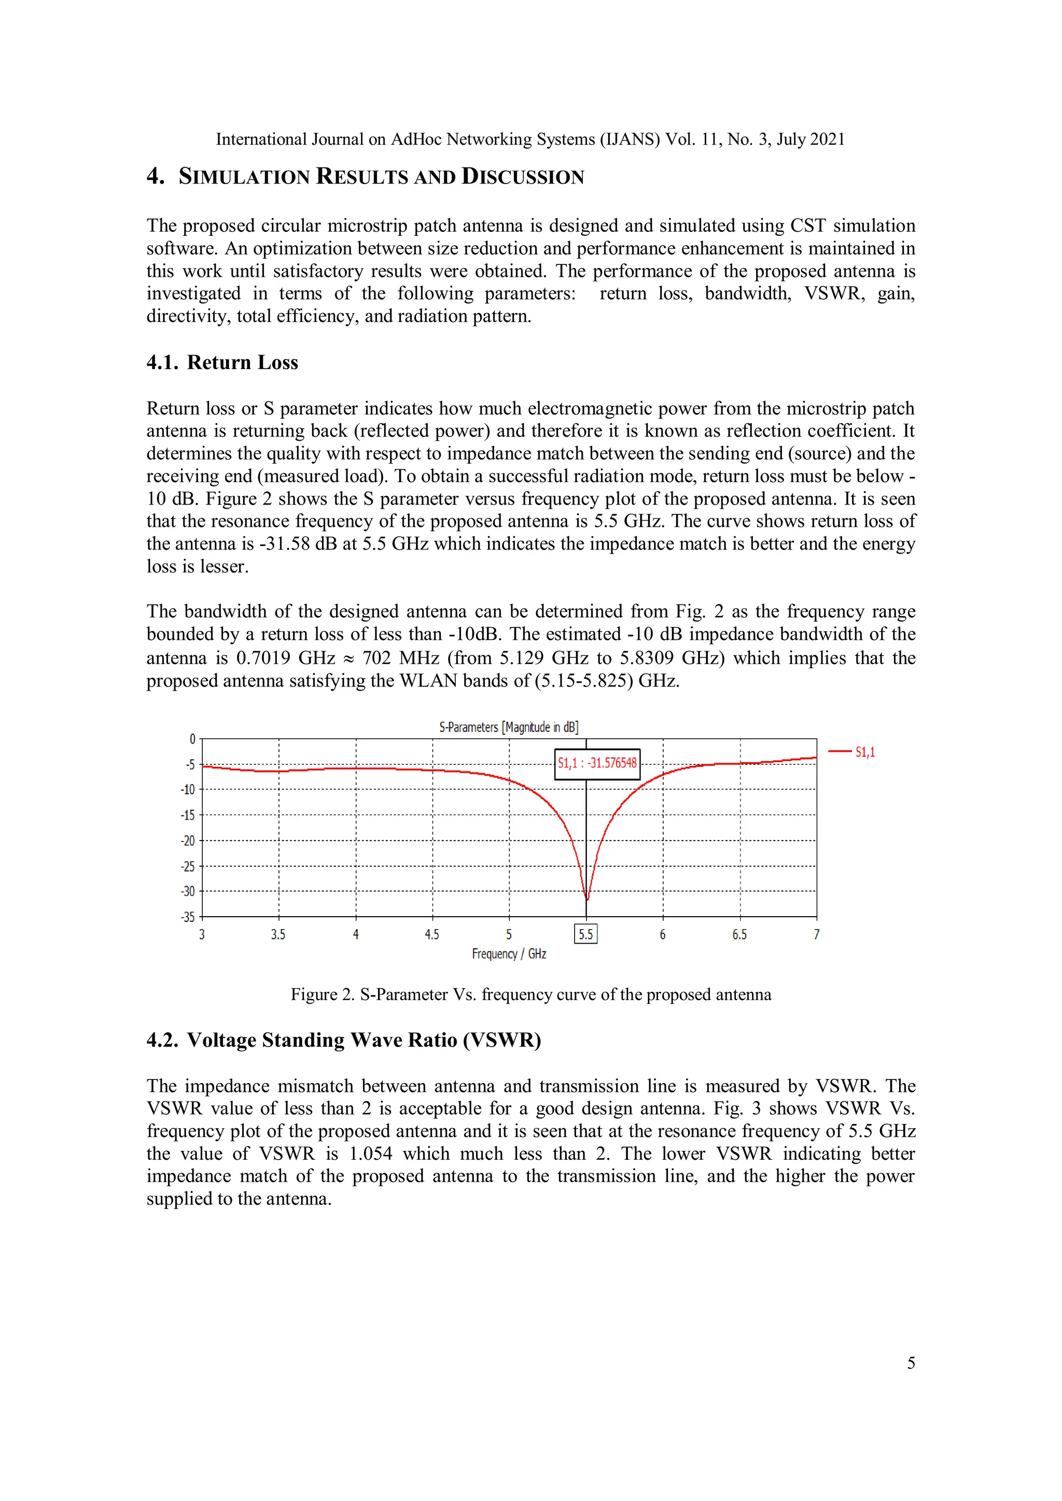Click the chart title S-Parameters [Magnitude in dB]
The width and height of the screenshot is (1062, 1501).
point(508,727)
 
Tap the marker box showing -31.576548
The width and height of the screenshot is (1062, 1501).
point(596,763)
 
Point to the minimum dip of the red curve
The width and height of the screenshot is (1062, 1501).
point(586,900)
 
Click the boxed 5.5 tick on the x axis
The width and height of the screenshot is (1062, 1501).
point(585,934)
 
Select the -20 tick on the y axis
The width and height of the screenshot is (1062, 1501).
point(188,841)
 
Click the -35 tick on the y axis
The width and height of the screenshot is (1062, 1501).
point(188,917)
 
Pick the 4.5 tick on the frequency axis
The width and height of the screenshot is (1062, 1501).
point(431,935)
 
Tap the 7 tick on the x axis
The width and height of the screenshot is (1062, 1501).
point(816,935)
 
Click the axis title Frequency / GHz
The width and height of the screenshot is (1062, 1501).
point(509,954)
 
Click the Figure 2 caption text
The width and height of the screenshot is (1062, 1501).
point(530,994)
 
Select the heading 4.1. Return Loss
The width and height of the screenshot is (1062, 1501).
point(222,362)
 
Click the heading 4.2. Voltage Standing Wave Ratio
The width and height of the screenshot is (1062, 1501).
point(343,1040)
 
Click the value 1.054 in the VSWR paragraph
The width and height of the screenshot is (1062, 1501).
point(371,1153)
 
